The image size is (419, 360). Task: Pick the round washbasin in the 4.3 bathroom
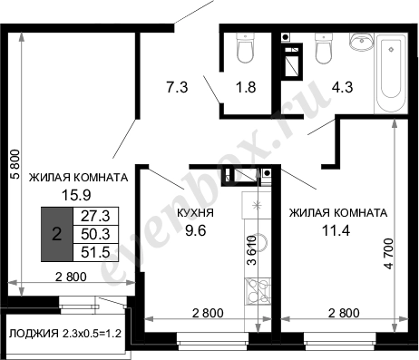[360, 42]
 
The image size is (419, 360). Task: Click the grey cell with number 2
[56, 234]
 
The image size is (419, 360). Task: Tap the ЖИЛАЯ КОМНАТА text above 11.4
[337, 213]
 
